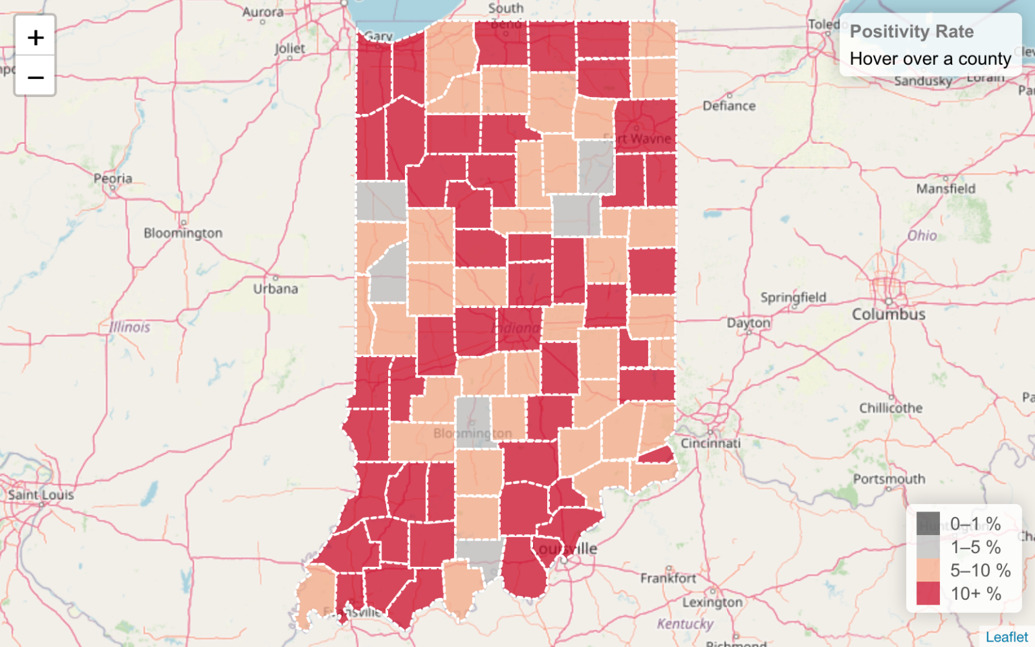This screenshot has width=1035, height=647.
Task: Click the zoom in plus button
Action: (35, 37)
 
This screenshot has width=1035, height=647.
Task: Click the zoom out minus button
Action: (35, 77)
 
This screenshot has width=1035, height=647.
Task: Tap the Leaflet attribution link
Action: (1007, 637)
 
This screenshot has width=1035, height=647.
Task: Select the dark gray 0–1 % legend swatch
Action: (928, 524)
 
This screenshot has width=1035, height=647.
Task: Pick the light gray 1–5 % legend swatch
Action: (928, 547)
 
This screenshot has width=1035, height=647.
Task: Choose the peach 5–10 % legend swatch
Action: (928, 570)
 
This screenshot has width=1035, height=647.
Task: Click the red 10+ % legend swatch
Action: (928, 594)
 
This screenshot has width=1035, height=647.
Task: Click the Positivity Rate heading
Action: (911, 32)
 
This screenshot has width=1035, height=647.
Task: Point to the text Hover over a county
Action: (930, 59)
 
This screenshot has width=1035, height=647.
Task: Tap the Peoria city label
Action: (113, 179)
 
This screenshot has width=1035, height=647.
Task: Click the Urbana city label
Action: (276, 288)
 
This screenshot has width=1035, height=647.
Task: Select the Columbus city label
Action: (888, 314)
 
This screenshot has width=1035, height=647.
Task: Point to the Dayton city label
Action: (748, 323)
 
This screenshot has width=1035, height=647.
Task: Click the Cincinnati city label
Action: (710, 443)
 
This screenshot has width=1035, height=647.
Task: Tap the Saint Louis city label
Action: (41, 495)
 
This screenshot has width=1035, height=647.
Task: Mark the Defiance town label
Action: (729, 106)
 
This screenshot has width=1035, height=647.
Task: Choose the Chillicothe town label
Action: (891, 408)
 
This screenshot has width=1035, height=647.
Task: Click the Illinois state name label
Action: (130, 327)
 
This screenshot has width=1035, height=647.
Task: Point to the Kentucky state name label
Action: (685, 623)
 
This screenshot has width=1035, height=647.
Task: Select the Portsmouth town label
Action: (889, 479)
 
